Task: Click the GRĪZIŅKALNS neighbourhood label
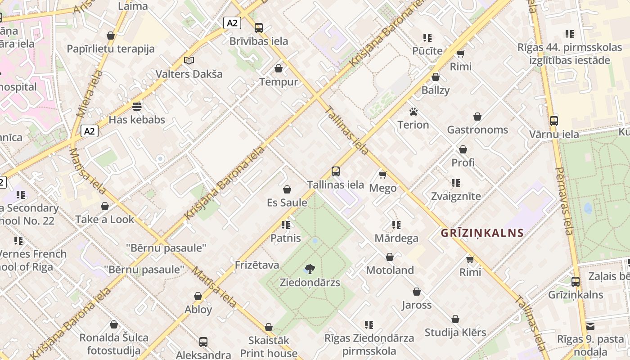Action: (482, 233)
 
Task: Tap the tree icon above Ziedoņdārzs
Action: (310, 269)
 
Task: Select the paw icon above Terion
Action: (414, 111)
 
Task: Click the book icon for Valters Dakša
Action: (189, 60)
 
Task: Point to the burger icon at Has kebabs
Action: (137, 107)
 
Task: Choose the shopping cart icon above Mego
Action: (382, 175)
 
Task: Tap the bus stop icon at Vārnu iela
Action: (554, 121)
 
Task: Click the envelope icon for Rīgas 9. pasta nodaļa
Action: (590, 326)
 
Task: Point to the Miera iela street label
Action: (87, 94)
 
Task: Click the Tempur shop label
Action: (279, 82)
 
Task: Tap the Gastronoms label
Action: (477, 130)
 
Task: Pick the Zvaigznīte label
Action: (456, 196)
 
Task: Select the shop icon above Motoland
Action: (390, 257)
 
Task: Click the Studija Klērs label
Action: (455, 333)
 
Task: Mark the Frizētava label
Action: (257, 265)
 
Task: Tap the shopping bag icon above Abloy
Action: (198, 296)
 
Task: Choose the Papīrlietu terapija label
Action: (111, 49)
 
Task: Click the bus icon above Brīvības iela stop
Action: (259, 28)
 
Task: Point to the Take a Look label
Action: (105, 220)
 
